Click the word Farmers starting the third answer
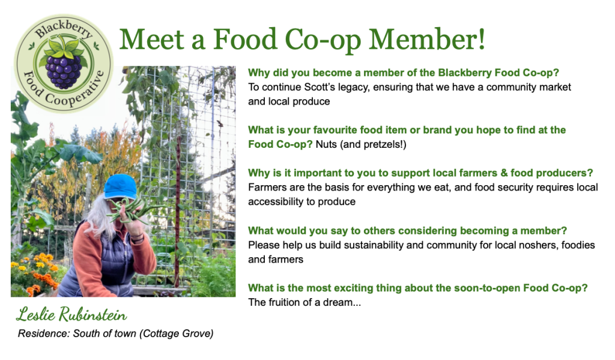[x=267, y=188]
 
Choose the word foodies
[x=565, y=245]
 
